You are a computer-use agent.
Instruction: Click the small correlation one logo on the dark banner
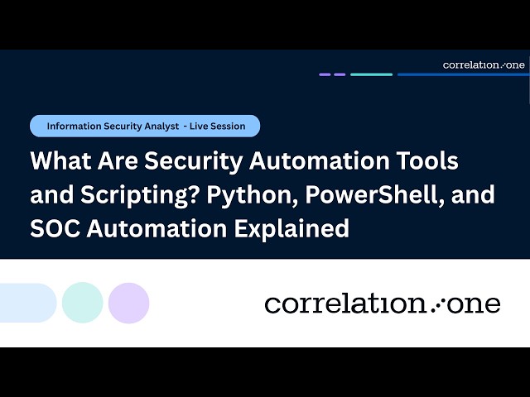[x=484, y=65]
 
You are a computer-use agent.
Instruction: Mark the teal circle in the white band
[x=82, y=303]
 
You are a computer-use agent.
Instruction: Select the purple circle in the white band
[x=128, y=303]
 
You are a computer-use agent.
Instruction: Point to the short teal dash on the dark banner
[x=371, y=74]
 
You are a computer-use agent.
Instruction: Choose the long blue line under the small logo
[x=462, y=74]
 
